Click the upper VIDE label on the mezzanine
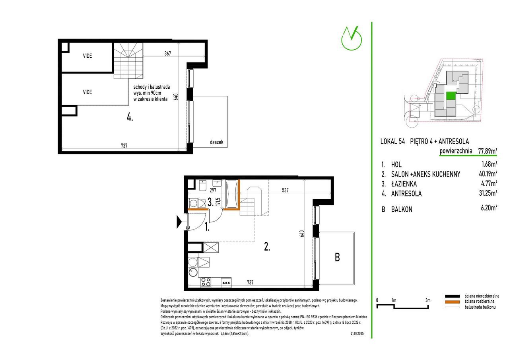coord(87,56)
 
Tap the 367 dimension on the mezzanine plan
coord(167,53)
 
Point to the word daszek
coord(216,142)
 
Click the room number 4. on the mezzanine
coord(130,117)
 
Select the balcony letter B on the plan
coord(337,257)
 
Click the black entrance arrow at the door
coord(179,222)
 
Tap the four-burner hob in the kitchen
coord(206,282)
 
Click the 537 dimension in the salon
coord(285,190)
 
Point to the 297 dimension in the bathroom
coord(213,190)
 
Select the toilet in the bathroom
coord(202,185)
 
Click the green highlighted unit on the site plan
coord(451,96)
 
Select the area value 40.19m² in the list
coord(488,174)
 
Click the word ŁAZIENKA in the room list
coord(404,184)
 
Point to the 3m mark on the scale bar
coord(428,300)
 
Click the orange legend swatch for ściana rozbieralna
coord(452,302)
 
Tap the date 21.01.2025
coord(357,334)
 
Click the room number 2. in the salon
coord(267,247)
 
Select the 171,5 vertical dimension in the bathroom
coord(219,202)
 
